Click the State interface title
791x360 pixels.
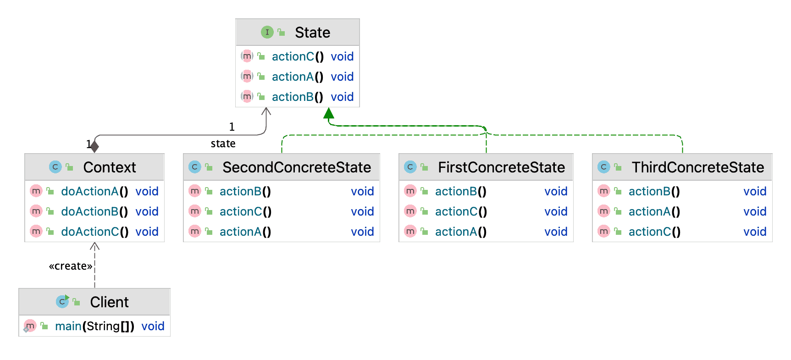point(312,33)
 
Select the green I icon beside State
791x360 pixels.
point(267,32)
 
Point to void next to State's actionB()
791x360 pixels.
point(342,97)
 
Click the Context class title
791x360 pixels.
point(110,167)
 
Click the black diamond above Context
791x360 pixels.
point(94,146)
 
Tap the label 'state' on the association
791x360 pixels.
point(223,144)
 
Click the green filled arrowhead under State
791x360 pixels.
point(329,113)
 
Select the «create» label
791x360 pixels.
point(70,266)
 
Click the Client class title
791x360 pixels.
point(109,302)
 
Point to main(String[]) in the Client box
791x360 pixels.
point(94,326)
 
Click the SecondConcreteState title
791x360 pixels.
point(297,167)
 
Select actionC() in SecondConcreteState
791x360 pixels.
point(245,211)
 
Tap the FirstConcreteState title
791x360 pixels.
point(501,167)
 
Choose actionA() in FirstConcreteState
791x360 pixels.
point(460,232)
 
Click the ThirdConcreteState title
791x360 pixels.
point(697,167)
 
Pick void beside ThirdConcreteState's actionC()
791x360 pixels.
point(755,232)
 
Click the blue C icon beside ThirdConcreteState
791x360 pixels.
point(604,167)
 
